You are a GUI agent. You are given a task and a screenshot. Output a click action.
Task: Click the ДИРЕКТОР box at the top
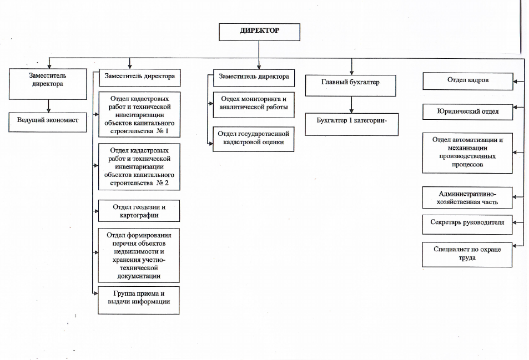(259, 32)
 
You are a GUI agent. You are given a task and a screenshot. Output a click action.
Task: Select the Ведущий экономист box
(48, 122)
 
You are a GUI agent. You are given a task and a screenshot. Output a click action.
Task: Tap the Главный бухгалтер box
(350, 85)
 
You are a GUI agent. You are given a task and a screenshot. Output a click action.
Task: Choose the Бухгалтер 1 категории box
(351, 124)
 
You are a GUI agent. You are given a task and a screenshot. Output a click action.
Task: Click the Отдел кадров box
(468, 81)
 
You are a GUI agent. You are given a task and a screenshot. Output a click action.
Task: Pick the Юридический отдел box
(467, 112)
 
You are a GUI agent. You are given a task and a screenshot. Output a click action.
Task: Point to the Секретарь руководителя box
(467, 225)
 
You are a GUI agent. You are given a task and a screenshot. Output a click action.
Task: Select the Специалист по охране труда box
(467, 255)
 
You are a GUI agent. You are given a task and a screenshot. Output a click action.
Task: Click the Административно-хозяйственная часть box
(467, 198)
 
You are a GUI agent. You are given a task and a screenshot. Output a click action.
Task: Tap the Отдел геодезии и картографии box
(139, 211)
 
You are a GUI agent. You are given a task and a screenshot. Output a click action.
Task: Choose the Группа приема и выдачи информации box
(139, 300)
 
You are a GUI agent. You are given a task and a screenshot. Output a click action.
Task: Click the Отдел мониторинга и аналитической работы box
(254, 105)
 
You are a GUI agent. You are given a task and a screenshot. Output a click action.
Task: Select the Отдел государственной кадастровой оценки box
(253, 139)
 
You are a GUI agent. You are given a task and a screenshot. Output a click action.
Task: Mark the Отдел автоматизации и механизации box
(467, 153)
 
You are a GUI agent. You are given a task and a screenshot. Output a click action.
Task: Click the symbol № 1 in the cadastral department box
(162, 131)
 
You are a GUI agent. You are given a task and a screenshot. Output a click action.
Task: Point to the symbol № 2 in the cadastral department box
(162, 183)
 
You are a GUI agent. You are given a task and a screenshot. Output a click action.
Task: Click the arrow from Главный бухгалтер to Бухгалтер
(351, 105)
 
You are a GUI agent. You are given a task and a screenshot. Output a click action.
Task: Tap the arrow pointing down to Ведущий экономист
(49, 106)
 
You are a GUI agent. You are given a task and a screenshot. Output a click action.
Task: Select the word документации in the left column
(139, 276)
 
